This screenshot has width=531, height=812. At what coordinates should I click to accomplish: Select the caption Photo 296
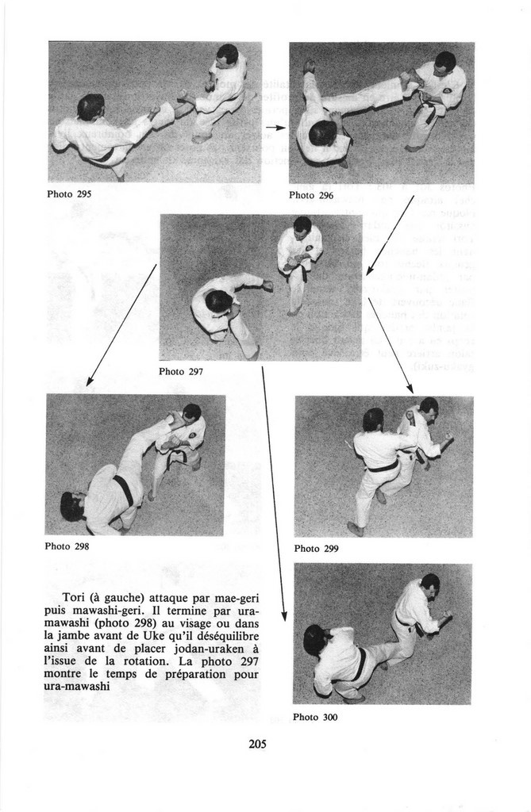tap(311, 195)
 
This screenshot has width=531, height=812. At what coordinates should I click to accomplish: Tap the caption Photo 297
tap(181, 371)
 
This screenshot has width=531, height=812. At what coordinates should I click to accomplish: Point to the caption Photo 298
tap(67, 546)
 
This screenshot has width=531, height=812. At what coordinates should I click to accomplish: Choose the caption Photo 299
tap(317, 548)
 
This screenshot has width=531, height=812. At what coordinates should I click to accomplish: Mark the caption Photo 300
tap(315, 717)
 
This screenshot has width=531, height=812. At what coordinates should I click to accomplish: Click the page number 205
tap(256, 744)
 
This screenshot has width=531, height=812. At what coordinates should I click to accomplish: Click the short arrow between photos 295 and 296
tap(275, 127)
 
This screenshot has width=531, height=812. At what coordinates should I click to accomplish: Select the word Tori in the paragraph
tap(75, 596)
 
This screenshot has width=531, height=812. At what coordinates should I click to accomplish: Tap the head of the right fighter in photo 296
tap(444, 62)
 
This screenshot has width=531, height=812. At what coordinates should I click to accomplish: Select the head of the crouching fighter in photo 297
tap(218, 301)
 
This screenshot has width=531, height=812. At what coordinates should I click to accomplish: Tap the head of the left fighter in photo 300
tap(314, 639)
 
